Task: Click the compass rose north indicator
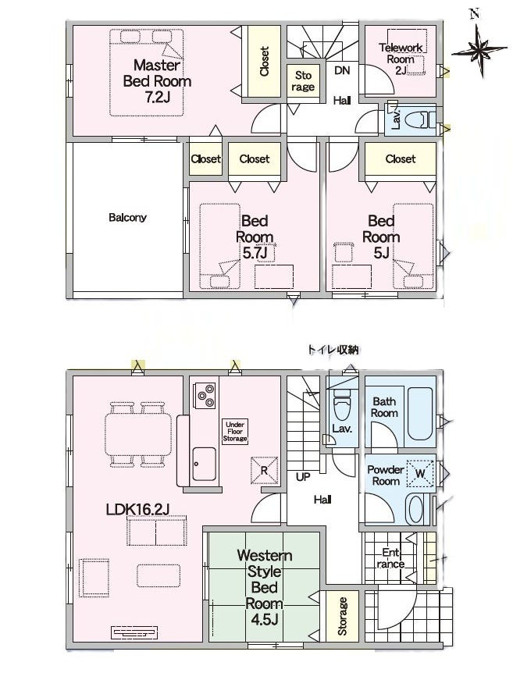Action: pyautogui.click(x=479, y=50)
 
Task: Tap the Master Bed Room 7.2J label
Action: pyautogui.click(x=157, y=81)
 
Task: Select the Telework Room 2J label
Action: pyautogui.click(x=400, y=59)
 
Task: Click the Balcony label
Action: pyautogui.click(x=127, y=217)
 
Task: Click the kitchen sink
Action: pyautogui.click(x=204, y=463)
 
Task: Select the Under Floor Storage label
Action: pyautogui.click(x=234, y=432)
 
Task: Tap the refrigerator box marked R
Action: pyautogui.click(x=264, y=470)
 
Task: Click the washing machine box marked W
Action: pyautogui.click(x=420, y=474)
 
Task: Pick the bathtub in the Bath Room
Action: pyautogui.click(x=419, y=414)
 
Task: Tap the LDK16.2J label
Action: pyautogui.click(x=137, y=509)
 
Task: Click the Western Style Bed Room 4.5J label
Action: pyautogui.click(x=264, y=588)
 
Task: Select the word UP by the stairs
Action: pyautogui.click(x=303, y=476)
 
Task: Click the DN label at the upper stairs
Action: pyautogui.click(x=342, y=70)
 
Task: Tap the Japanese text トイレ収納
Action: pyautogui.click(x=333, y=350)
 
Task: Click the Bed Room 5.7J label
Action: pyautogui.click(x=255, y=237)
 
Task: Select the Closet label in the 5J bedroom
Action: pyautogui.click(x=401, y=158)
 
